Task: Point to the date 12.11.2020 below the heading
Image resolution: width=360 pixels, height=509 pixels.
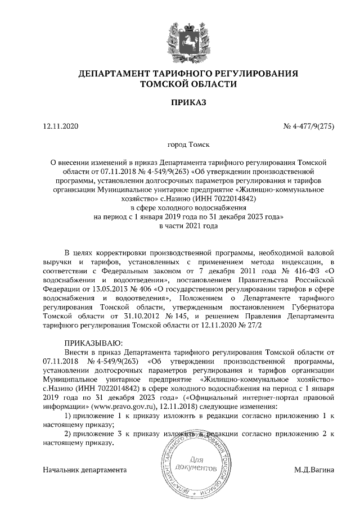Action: [62, 126]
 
